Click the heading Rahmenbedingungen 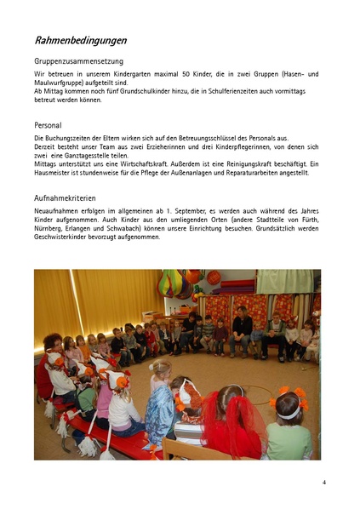pos(81,40)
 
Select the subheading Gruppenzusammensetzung pos(79,61)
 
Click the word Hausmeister pos(53,173)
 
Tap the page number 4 pos(324,483)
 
